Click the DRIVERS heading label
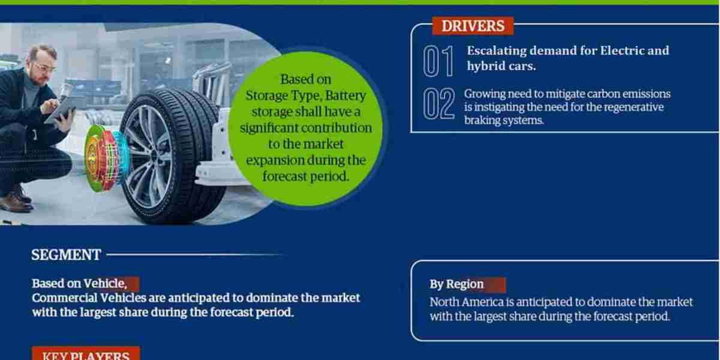coord(472,26)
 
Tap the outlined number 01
coord(438,61)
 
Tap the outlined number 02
coord(438,104)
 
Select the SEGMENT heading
coord(66,255)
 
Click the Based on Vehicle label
coord(79,283)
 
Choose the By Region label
coord(457,284)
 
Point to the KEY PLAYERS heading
coord(85,355)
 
